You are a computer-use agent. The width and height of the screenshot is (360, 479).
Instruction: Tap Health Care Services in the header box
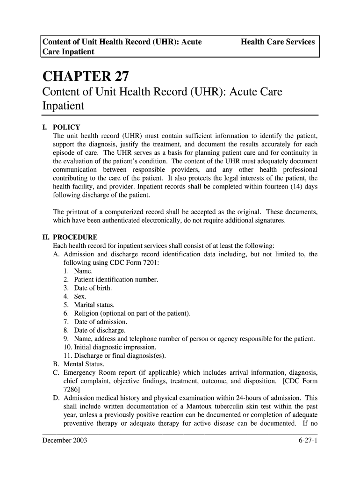(278, 42)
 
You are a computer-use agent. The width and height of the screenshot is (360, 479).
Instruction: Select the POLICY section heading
(66, 127)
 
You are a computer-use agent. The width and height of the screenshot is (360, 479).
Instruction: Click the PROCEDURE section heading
(75, 237)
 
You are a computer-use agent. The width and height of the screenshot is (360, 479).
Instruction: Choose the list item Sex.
(80, 297)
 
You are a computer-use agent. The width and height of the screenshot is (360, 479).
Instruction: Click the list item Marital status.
(94, 305)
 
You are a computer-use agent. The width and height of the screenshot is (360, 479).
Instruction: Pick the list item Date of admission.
(100, 322)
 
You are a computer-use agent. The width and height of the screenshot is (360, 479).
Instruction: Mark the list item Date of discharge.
(100, 330)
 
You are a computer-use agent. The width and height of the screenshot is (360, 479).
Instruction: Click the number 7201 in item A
(150, 263)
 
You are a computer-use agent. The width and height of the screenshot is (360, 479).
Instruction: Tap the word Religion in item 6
(86, 313)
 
